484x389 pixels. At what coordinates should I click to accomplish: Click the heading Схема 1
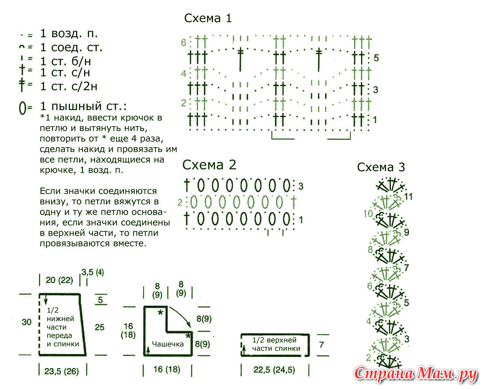point(208,18)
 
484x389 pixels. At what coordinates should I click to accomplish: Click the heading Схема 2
point(209,165)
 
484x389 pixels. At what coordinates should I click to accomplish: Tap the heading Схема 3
point(381,167)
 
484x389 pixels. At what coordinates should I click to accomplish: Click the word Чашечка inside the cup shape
point(168,344)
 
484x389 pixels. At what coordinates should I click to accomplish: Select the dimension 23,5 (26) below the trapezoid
point(62,371)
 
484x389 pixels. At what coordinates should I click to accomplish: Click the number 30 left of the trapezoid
point(27,322)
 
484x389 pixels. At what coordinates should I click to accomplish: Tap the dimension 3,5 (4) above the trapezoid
point(92,272)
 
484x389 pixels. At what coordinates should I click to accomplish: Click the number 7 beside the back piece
point(321,344)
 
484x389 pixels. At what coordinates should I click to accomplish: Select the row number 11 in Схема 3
point(408,196)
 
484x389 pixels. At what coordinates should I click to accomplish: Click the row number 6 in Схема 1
point(184,42)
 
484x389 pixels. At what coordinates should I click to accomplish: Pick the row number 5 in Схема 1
point(376,58)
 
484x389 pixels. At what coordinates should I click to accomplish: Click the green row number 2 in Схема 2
point(180,202)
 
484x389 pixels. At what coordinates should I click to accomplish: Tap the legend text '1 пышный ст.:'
point(83,106)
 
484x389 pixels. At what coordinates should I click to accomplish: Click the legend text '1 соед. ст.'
point(71,48)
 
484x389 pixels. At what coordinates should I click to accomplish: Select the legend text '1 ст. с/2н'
point(68,86)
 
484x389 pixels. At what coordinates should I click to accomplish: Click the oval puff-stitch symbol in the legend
point(22,108)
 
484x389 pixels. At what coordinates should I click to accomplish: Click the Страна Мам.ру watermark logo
point(416,374)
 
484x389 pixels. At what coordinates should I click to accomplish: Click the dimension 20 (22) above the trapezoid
point(59,280)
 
